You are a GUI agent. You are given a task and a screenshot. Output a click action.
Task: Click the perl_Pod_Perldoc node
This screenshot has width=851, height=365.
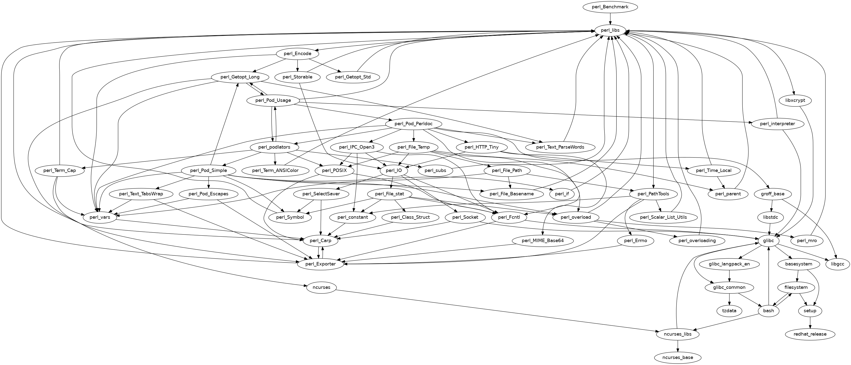tap(414, 124)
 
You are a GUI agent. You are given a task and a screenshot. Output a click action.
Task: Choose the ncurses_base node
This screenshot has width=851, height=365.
tap(678, 357)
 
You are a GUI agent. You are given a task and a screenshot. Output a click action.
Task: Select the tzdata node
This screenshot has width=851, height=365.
tap(729, 311)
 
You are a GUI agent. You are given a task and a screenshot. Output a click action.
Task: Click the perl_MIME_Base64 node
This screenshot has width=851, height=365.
tap(542, 241)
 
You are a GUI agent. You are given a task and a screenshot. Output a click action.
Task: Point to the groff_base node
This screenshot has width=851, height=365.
tap(772, 194)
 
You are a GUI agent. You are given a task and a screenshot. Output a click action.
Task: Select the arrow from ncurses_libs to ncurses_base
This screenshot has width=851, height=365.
tap(678, 346)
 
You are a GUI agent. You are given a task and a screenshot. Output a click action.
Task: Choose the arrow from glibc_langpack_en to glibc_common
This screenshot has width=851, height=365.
tap(729, 276)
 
